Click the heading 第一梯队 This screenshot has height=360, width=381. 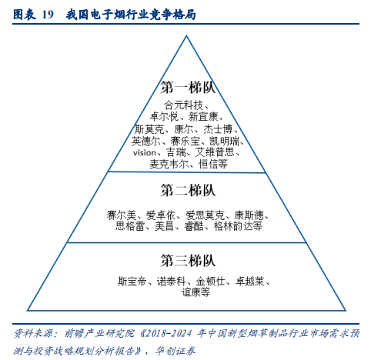coord(188,88)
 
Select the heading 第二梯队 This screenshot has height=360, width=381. coord(188,191)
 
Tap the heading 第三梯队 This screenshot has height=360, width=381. coord(188,261)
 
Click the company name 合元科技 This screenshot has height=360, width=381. coord(183,105)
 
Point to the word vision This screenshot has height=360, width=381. coord(145,153)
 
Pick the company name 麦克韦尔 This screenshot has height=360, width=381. coord(169,164)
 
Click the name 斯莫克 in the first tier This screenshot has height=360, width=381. coord(149,129)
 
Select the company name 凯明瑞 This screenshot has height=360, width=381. coord(224,141)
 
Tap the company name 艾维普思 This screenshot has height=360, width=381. coord(215,152)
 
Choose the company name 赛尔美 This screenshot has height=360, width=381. coord(121,215)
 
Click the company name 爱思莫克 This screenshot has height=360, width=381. coord(205,215)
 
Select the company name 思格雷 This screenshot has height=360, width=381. coord(130,226)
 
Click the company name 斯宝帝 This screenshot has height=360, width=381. coord(132,282)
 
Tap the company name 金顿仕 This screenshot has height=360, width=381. coord(210,282)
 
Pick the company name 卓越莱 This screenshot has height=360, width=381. coord(249,282)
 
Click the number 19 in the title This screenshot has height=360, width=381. coord(48,15)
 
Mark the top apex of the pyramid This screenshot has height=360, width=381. coord(186,36)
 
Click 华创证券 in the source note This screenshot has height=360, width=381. coord(175,351)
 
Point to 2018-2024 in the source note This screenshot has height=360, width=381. coord(169,333)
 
